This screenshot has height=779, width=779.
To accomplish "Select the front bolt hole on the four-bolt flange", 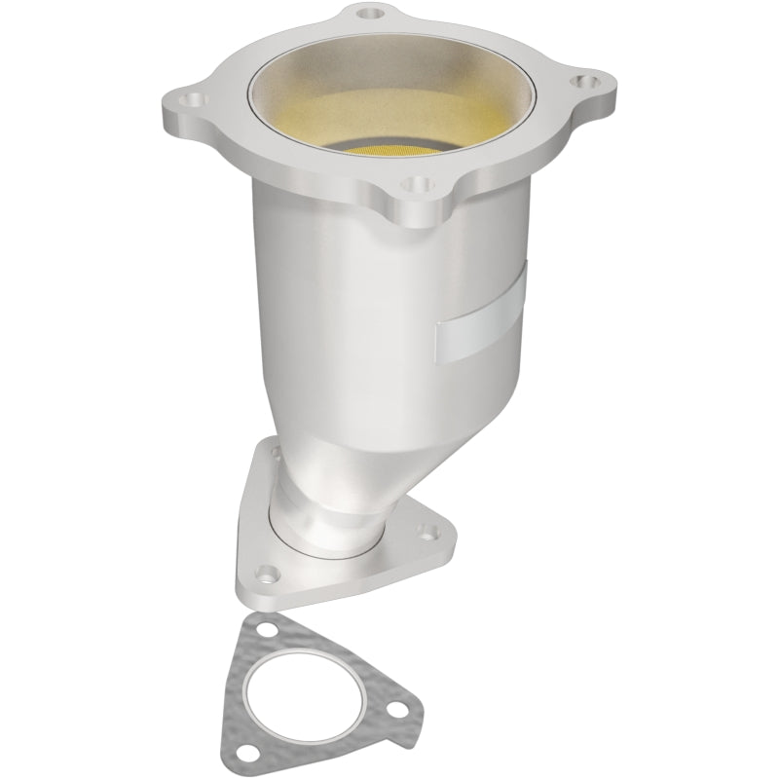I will click(x=417, y=181).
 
